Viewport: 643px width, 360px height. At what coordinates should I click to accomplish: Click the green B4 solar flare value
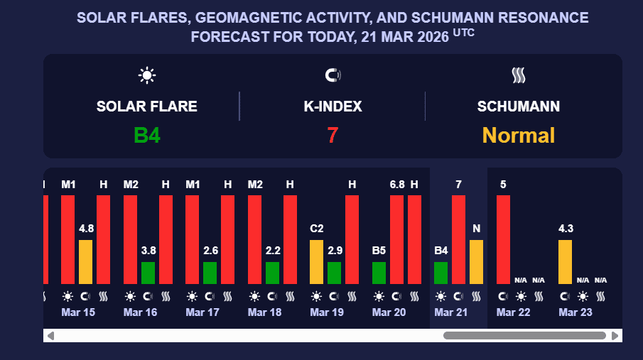[x=146, y=135]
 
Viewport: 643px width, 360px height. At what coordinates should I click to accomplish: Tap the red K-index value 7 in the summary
[x=333, y=135]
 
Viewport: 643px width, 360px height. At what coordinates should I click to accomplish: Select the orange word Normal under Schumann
[x=519, y=135]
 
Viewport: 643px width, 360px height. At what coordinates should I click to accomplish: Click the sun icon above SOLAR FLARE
[x=147, y=75]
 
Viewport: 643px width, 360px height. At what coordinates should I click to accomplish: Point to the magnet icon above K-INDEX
[x=333, y=75]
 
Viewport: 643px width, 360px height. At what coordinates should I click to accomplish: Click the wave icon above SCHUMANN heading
[x=518, y=75]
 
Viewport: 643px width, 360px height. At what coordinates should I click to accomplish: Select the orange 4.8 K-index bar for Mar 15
[x=85, y=262]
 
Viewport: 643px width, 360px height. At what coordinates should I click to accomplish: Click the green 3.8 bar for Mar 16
[x=148, y=273]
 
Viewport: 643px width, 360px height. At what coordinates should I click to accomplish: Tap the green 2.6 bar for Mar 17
[x=210, y=273]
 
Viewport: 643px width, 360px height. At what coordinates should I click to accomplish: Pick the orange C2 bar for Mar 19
[x=316, y=262]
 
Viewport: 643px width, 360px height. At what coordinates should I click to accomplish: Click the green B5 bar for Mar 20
[x=379, y=273]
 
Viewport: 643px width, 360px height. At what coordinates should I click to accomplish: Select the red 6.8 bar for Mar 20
[x=397, y=239]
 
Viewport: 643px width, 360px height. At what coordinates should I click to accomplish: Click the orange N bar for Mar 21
[x=476, y=262]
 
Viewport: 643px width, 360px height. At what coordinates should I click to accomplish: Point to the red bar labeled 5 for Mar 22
[x=503, y=239]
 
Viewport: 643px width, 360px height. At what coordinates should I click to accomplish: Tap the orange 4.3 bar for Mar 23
[x=565, y=262]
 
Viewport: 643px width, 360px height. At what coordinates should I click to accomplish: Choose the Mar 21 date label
[x=451, y=312]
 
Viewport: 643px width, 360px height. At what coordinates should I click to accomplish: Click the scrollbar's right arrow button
[x=615, y=335]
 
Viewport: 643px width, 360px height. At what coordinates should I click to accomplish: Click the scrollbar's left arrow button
[x=50, y=335]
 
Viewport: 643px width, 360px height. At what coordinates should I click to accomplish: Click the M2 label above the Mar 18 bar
[x=255, y=185]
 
